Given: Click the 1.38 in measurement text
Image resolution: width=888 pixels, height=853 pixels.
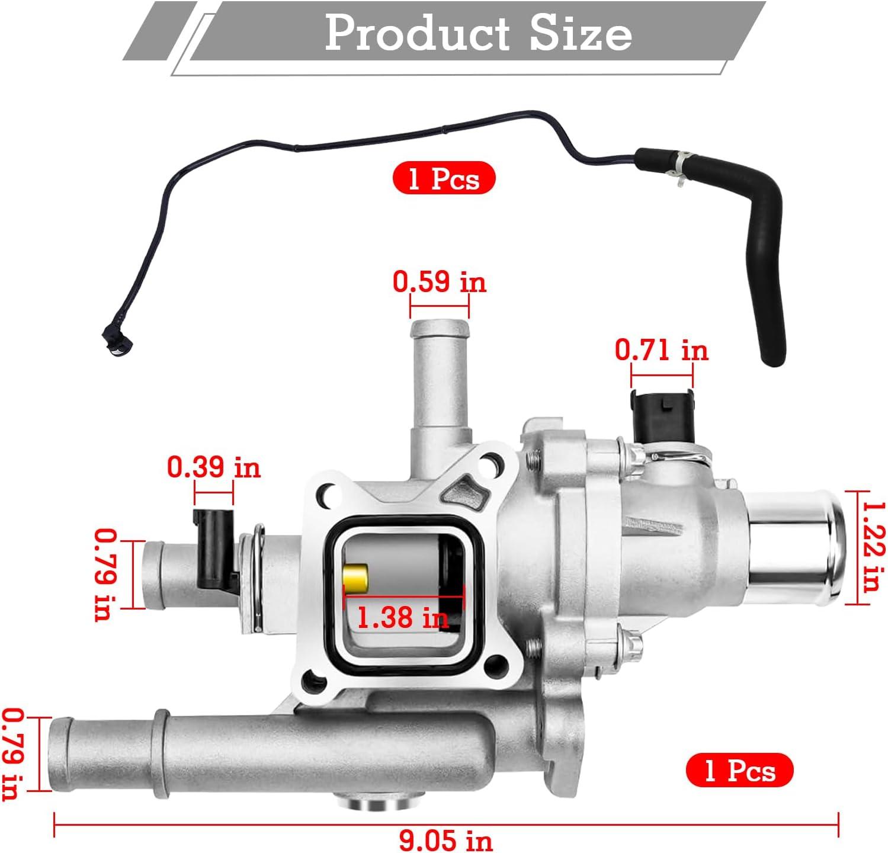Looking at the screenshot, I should pos(402,618).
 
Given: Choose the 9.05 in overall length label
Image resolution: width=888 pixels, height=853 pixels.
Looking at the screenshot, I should pos(445,840).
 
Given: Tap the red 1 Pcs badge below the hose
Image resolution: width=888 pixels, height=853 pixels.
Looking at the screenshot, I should pos(444,178).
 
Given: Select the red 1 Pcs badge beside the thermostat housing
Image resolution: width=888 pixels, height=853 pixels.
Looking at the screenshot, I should pos(739,771).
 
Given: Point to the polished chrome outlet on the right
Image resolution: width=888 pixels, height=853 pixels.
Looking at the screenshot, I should pos(797,548).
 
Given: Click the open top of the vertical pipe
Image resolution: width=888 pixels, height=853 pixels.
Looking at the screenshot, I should pos(439,327).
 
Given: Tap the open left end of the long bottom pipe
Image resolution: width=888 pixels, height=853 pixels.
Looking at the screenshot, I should pos(59,753).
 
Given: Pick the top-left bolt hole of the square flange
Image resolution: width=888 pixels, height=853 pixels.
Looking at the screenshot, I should pos(325,495).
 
